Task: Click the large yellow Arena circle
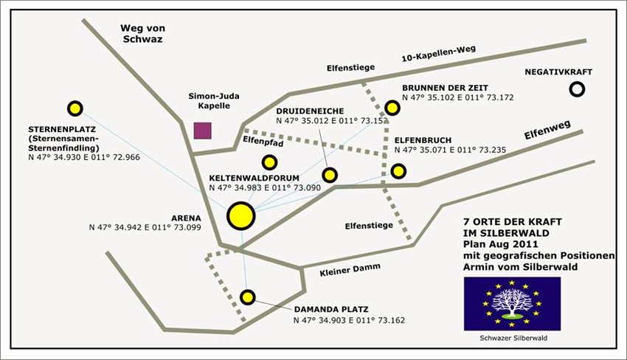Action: click(241, 216)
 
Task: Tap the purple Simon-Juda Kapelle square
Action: click(203, 131)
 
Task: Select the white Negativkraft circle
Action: click(577, 89)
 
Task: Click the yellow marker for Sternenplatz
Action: click(75, 108)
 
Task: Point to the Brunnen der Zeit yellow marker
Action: click(392, 108)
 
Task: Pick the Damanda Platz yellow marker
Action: click(248, 297)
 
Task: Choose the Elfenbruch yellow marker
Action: click(398, 171)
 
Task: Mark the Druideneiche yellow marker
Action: click(330, 175)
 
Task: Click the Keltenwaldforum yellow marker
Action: click(269, 162)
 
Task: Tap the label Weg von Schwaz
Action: click(143, 34)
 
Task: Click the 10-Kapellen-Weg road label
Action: click(439, 54)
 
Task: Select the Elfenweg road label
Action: click(547, 130)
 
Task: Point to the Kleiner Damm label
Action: click(350, 269)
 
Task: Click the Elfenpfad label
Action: click(263, 141)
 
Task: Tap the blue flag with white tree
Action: click(512, 304)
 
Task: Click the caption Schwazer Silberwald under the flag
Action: click(513, 338)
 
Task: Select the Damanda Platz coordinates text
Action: click(349, 320)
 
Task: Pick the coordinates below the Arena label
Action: click(145, 228)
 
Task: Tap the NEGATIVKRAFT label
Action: click(558, 72)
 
